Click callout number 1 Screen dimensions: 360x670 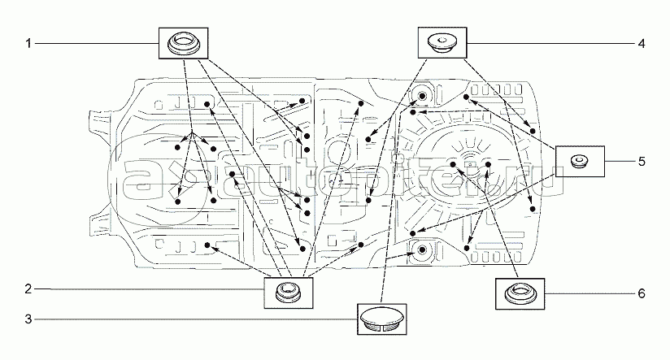tap(28, 43)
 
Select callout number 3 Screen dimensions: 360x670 tap(28, 319)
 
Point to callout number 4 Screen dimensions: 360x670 tap(641, 43)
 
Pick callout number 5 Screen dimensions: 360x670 tap(641, 161)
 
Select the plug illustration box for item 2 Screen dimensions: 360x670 tap(286, 291)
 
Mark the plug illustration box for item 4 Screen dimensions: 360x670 tap(443, 42)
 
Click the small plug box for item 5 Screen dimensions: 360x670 tap(579, 161)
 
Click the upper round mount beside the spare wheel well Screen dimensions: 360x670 tap(421, 97)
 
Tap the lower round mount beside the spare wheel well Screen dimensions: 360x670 tap(421, 249)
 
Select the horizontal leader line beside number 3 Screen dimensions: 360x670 tap(195, 319)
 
